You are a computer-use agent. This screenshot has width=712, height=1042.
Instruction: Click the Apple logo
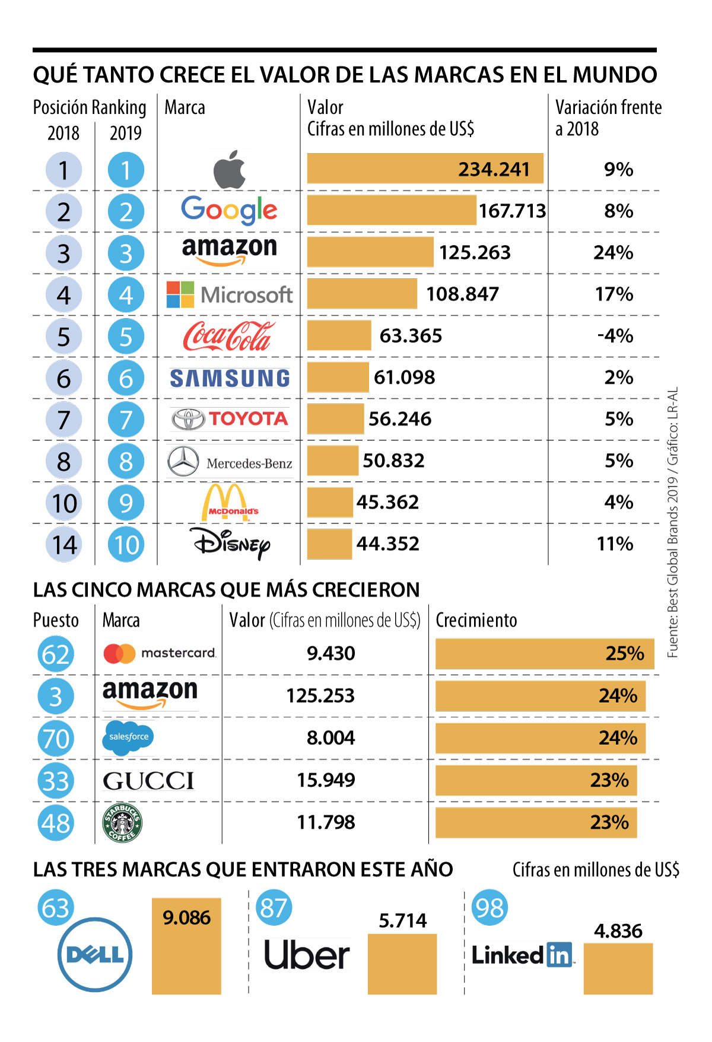tap(230, 169)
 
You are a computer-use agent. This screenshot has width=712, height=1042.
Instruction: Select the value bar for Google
tap(391, 210)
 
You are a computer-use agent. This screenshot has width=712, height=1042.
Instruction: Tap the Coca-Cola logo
tap(228, 336)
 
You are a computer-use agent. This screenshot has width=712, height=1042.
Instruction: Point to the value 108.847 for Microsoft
tap(462, 294)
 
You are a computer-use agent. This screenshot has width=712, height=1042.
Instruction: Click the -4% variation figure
tap(615, 336)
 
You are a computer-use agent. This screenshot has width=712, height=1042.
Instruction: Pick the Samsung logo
tap(230, 378)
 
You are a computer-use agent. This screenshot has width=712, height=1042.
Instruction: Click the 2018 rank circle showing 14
tap(64, 545)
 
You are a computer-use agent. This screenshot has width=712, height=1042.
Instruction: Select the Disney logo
tap(230, 544)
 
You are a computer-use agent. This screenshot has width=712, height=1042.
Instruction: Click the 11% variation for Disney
tap(615, 544)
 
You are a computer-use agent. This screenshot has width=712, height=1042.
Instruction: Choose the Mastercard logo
tap(159, 653)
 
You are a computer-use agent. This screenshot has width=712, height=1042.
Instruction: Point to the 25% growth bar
tap(544, 653)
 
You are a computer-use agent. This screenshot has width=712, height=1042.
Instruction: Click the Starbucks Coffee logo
tap(122, 823)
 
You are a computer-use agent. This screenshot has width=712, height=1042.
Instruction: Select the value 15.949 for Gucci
tap(326, 780)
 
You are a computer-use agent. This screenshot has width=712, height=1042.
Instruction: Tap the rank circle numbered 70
tap(56, 739)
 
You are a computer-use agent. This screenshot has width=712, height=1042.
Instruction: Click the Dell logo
tap(95, 954)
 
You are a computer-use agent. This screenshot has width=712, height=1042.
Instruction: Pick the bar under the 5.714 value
tap(402, 964)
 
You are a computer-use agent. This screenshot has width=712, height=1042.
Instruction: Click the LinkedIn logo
tap(522, 955)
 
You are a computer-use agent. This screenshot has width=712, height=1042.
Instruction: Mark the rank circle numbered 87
tap(274, 908)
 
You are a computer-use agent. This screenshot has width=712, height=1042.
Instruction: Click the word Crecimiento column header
tap(476, 620)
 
